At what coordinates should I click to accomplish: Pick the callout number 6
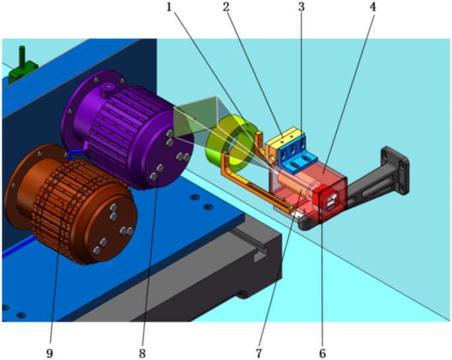pyautogui.click(x=322, y=353)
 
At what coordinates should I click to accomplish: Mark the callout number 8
pyautogui.click(x=142, y=353)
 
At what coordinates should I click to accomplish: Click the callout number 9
pyautogui.click(x=49, y=353)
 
